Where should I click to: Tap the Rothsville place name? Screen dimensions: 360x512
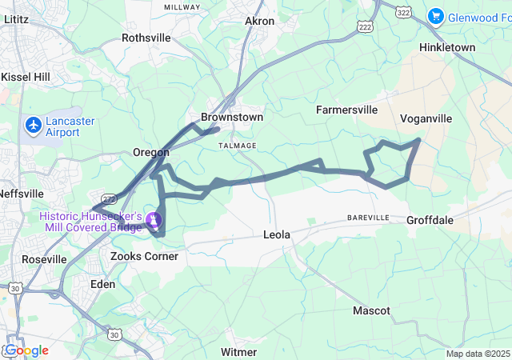(146, 38)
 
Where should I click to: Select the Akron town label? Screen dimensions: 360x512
(259, 21)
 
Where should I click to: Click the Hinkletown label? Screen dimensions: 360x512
(447, 48)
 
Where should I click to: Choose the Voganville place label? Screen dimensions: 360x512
(426, 118)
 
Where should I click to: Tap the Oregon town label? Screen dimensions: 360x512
(151, 152)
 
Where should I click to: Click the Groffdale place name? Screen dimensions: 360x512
(430, 220)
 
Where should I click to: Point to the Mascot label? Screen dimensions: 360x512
(372, 310)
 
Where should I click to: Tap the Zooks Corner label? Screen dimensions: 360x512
(144, 257)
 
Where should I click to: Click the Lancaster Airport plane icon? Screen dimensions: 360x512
(34, 126)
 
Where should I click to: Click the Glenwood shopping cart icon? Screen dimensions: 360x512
(435, 15)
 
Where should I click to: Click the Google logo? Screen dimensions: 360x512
(27, 350)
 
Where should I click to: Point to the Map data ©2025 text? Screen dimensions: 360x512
(478, 354)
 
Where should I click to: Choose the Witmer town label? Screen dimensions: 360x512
(238, 352)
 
